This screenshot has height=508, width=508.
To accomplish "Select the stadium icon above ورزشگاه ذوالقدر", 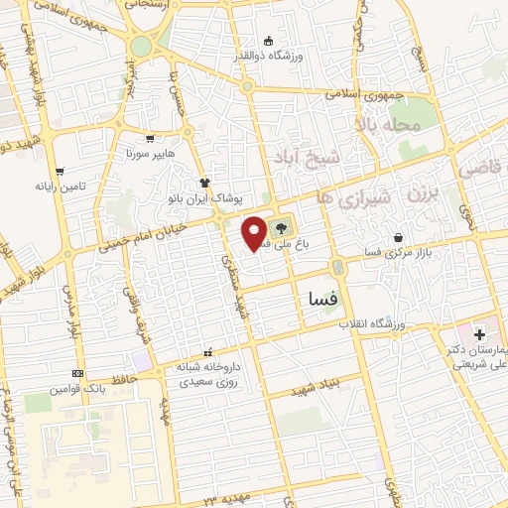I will [x=269, y=41].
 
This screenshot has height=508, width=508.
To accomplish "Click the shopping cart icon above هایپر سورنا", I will [x=150, y=140].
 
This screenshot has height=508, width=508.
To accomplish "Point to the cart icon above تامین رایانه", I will [x=60, y=171].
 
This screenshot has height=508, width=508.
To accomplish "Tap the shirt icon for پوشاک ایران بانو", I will [x=205, y=183].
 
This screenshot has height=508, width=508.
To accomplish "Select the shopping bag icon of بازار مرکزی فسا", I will [x=398, y=238].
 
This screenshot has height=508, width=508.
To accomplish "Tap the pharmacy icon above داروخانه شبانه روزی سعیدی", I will [x=207, y=351].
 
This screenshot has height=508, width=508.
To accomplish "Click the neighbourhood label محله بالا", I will [x=395, y=126].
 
